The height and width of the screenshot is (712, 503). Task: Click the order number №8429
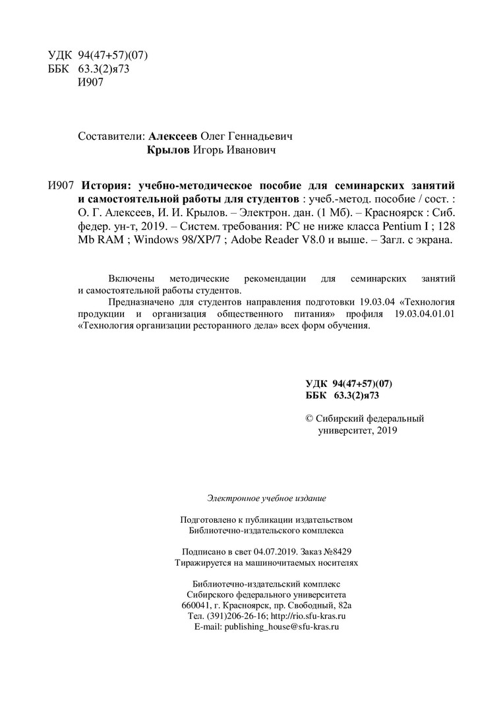click(x=341, y=551)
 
